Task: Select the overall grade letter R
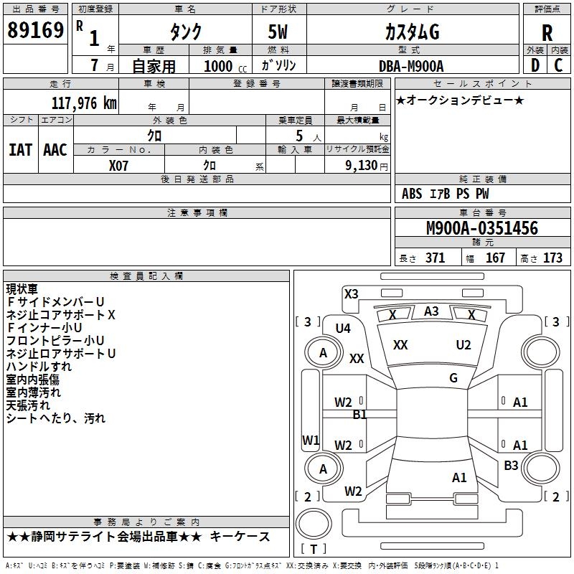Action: [x=547, y=32]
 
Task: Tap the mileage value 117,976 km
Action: [x=83, y=103]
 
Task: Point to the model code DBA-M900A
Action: [x=411, y=66]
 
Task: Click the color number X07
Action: [x=119, y=165]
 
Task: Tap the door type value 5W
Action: [x=279, y=32]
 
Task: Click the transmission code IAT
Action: [x=20, y=150]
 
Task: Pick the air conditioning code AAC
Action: [x=55, y=150]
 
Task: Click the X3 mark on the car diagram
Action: [x=351, y=293]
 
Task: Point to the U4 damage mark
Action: [x=343, y=328]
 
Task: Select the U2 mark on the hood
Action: [x=464, y=345]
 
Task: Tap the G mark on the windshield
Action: [x=453, y=378]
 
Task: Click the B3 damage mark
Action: [x=511, y=466]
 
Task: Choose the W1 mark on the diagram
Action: [x=311, y=440]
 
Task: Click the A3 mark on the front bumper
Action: [x=431, y=311]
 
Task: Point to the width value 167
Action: [x=495, y=258]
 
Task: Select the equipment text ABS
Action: [x=412, y=194]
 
